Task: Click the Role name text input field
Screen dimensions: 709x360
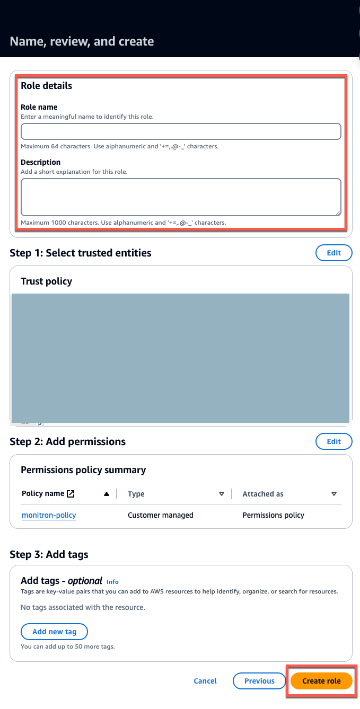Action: (x=180, y=131)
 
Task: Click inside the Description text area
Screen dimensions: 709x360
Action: (x=180, y=197)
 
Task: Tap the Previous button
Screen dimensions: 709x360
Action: (x=260, y=681)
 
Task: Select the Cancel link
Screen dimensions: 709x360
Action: (x=205, y=681)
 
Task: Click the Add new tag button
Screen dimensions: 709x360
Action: (x=54, y=632)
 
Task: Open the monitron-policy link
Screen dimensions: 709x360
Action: (x=49, y=515)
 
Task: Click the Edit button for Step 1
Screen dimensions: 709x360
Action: (x=333, y=253)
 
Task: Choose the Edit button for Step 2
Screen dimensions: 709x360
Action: (x=333, y=441)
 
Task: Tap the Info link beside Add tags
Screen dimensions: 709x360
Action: (x=112, y=582)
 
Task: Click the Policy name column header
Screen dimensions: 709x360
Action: (x=43, y=494)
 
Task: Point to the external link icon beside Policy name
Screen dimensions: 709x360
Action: (x=71, y=494)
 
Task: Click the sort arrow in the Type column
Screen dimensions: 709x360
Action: (x=222, y=494)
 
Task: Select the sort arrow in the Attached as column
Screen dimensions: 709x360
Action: (x=334, y=494)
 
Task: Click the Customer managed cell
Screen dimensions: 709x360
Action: (x=161, y=515)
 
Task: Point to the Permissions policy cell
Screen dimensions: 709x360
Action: (x=273, y=515)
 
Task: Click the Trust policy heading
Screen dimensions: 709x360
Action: (x=46, y=281)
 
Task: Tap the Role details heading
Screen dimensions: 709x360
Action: (x=46, y=86)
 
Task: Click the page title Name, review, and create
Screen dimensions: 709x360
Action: (x=82, y=41)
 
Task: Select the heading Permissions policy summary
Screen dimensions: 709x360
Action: (x=83, y=470)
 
